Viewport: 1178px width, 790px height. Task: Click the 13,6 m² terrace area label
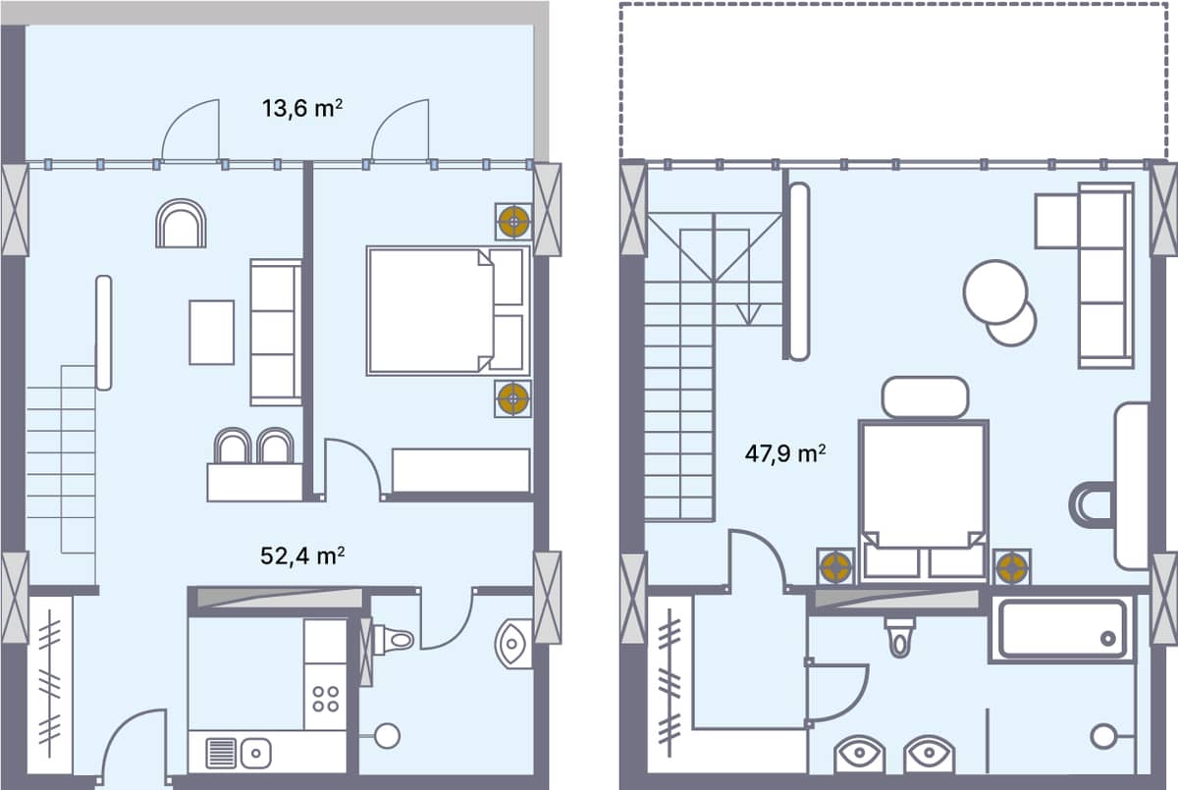(x=301, y=108)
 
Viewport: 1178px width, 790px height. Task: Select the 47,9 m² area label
(x=783, y=453)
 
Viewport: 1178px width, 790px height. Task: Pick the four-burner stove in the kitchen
(x=325, y=699)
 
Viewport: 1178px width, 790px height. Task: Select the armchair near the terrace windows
(x=181, y=224)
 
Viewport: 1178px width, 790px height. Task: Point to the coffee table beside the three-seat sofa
(x=211, y=332)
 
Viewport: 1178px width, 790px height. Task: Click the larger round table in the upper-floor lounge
(x=995, y=291)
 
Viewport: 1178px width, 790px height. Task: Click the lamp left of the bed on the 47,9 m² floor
(x=835, y=566)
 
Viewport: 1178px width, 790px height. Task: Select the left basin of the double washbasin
(x=860, y=756)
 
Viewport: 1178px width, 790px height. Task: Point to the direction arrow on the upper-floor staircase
(x=749, y=315)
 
